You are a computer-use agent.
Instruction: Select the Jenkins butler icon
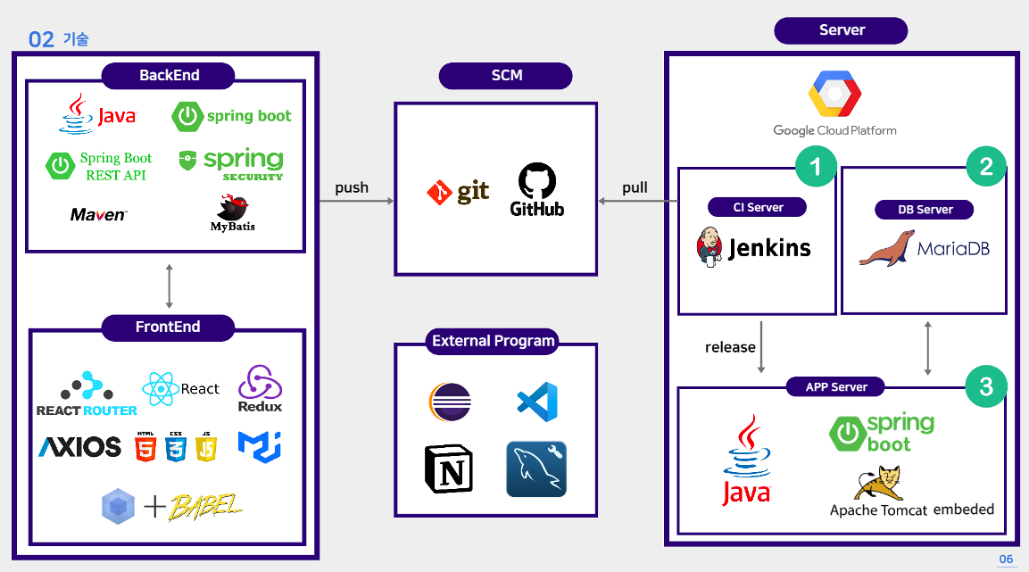710,247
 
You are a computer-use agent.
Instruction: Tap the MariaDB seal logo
887,248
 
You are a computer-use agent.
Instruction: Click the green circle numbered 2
985,166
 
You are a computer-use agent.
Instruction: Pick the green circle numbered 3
985,386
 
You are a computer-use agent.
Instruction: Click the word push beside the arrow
352,187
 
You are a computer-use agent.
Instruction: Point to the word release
730,347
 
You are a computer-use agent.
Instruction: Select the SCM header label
506,76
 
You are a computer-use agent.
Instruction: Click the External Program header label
494,341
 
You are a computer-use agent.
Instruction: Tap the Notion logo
449,469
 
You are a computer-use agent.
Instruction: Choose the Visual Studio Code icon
537,402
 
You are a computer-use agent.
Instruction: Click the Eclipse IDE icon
450,402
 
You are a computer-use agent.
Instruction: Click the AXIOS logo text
79,446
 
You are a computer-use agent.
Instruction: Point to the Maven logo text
98,215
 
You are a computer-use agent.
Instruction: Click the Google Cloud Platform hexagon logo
834,95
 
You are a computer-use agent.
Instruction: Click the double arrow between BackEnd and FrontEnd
169,286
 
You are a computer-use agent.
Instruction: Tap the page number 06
1006,560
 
